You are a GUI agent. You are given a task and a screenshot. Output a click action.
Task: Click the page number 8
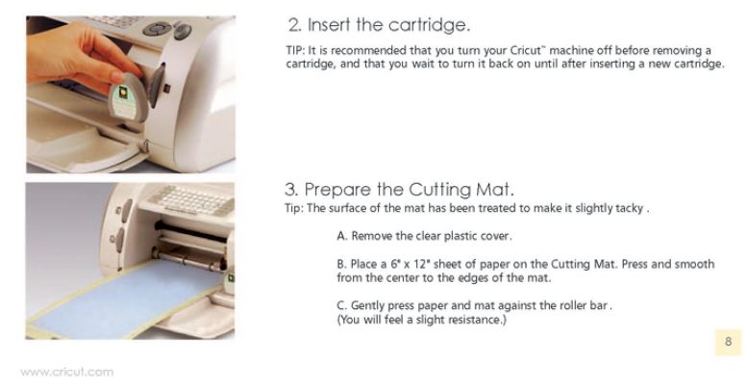click(728, 341)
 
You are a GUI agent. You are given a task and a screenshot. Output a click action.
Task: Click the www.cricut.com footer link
click(66, 372)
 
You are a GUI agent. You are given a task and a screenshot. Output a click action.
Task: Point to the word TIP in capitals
click(294, 50)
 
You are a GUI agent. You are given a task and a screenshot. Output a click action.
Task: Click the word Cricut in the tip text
click(526, 50)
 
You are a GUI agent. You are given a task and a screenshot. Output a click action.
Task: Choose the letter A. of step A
click(341, 236)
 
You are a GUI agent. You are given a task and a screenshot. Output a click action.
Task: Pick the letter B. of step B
click(341, 264)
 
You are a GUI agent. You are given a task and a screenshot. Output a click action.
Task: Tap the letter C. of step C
click(341, 305)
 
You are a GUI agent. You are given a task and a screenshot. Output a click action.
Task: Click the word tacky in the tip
click(630, 209)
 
